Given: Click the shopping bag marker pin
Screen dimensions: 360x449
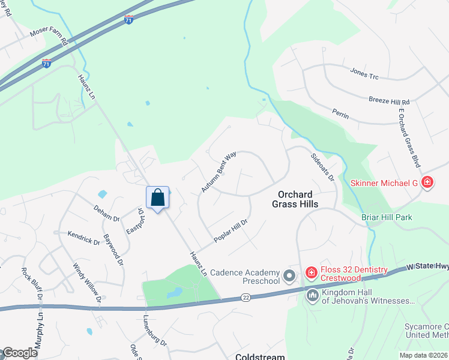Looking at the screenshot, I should tap(157, 197).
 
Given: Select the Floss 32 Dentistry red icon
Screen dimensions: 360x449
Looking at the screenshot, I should tap(311, 274).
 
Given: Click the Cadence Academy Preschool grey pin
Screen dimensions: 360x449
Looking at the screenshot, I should tap(290, 276).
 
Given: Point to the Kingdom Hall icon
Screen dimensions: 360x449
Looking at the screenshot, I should tap(312, 295).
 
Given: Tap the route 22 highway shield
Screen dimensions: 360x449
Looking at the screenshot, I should tap(246, 298).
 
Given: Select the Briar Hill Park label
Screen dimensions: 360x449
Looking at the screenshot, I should tap(387, 217).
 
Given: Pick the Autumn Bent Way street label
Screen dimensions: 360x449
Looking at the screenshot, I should tap(219, 172).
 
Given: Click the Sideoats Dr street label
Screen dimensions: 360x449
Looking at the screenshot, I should tap(322, 166).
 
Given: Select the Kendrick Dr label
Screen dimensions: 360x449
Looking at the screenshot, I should tap(83, 238).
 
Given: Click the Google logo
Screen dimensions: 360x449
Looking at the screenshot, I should tap(20, 353).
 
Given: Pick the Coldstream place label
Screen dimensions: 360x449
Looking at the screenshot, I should tap(260, 356).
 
